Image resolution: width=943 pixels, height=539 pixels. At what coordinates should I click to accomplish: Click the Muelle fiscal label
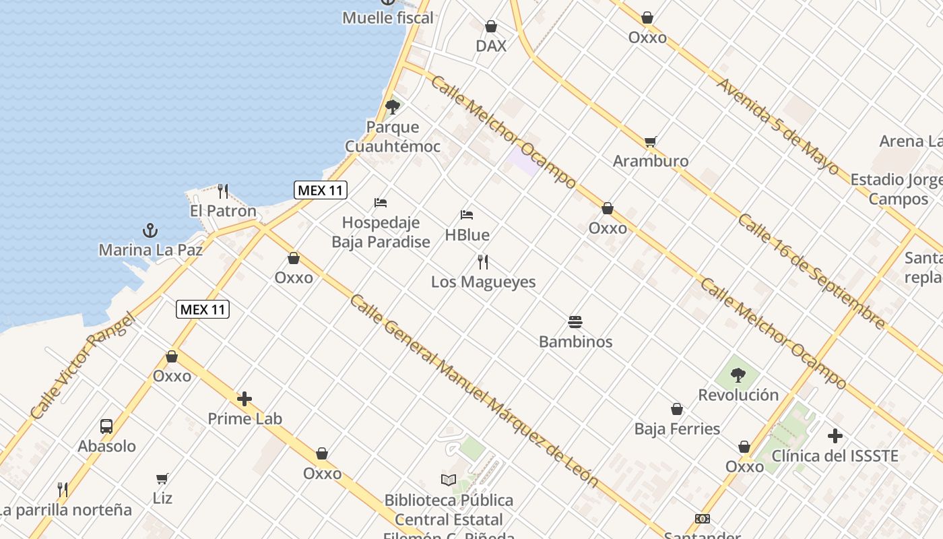[x=387, y=18]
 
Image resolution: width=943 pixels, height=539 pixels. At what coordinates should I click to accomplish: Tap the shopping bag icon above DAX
[x=491, y=26]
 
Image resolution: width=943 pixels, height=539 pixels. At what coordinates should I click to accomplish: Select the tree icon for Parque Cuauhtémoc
[x=393, y=106]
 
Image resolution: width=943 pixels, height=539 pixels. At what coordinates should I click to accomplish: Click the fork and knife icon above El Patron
[x=224, y=191]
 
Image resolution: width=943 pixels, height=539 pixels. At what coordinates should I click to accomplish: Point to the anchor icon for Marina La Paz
[x=150, y=230]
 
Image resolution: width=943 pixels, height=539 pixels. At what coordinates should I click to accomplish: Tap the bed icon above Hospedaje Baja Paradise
[x=381, y=202]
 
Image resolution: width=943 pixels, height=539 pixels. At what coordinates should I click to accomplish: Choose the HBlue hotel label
[x=467, y=235]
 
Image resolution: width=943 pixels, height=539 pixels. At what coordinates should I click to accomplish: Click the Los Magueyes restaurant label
[x=483, y=282]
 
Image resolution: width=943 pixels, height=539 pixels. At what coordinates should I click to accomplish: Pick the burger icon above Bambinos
[x=575, y=321]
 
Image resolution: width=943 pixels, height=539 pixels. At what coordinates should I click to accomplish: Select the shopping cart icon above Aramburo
[x=650, y=141]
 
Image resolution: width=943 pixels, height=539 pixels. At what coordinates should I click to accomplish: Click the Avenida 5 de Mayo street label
[x=777, y=126]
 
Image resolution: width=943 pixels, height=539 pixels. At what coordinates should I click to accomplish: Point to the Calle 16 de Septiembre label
[x=811, y=272]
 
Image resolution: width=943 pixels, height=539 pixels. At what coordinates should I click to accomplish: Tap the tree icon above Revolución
[x=738, y=375]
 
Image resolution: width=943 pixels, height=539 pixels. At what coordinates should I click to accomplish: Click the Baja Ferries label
[x=677, y=429]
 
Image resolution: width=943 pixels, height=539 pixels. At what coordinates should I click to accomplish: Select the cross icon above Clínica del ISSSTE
[x=835, y=436]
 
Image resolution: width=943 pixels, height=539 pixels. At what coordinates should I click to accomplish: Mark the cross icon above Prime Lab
[x=245, y=399]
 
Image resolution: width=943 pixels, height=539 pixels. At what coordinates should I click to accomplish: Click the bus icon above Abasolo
[x=106, y=426]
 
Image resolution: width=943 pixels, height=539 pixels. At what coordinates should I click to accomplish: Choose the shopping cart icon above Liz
[x=162, y=478]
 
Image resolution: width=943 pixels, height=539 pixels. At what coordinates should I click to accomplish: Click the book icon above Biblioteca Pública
[x=449, y=480]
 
